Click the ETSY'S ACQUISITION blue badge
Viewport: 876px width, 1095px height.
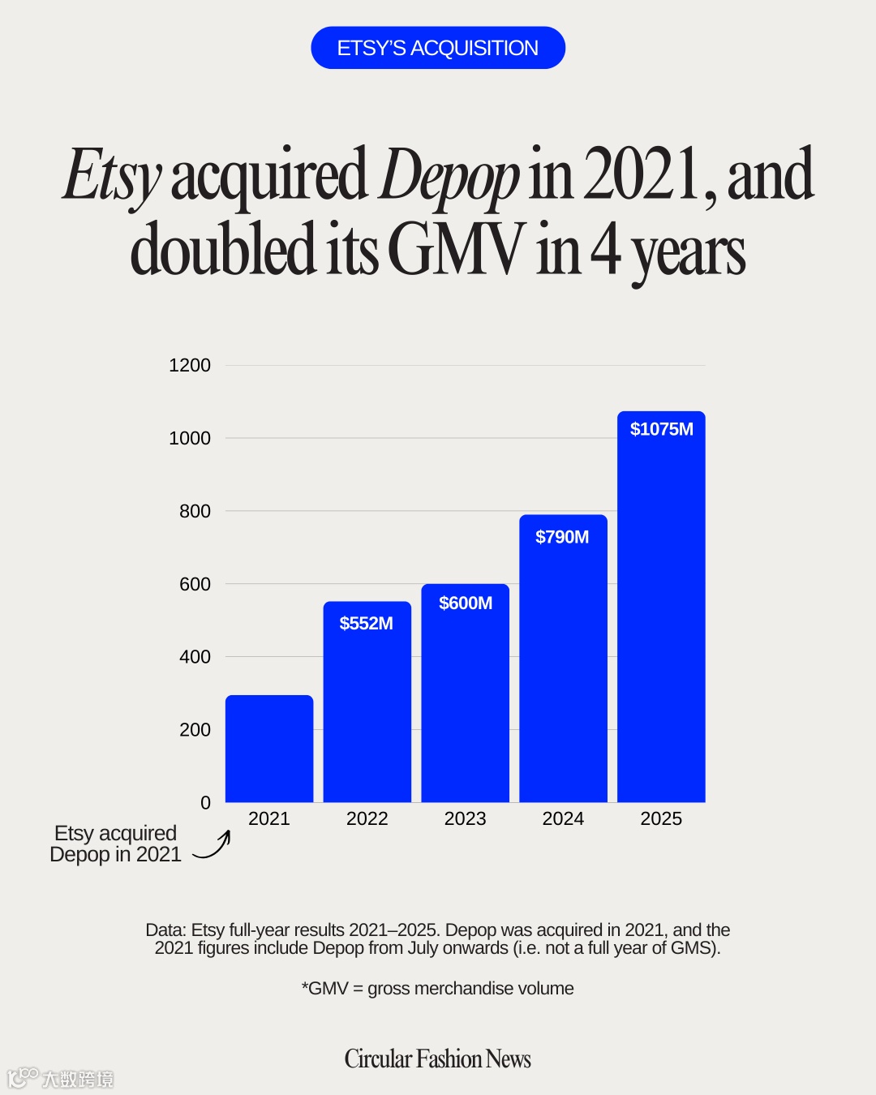point(438,48)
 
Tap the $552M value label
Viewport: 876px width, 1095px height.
point(367,623)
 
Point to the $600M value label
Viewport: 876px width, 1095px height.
point(466,603)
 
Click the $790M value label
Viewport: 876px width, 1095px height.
point(562,537)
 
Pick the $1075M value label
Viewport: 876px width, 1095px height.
point(662,429)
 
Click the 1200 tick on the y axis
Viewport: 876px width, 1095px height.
point(190,365)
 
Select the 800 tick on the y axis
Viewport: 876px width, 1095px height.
point(195,511)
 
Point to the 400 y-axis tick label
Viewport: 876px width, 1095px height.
point(195,657)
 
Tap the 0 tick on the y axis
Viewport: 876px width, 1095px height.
point(205,802)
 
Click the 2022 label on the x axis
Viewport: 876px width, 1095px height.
point(367,818)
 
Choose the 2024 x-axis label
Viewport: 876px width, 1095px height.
point(563,818)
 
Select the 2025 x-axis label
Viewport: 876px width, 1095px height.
point(661,818)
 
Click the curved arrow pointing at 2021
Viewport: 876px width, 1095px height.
point(213,846)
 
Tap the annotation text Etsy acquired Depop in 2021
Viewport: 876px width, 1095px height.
point(115,844)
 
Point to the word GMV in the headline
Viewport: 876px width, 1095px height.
point(456,250)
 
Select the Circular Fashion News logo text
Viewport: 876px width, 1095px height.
point(438,1058)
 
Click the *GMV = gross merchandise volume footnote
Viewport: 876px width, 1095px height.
point(438,988)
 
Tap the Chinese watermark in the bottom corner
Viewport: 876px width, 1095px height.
point(61,1078)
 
